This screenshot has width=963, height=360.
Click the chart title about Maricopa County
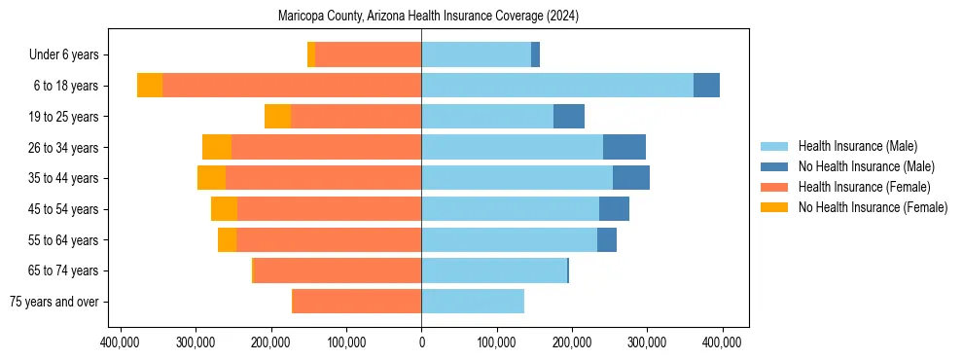point(420,17)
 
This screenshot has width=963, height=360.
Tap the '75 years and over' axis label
point(54,302)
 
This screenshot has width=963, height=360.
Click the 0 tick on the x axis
point(421,342)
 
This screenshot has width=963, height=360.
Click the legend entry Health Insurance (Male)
point(857,146)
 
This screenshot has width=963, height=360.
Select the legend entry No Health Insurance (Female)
point(873,207)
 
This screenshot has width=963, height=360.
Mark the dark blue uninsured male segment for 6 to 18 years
point(706,86)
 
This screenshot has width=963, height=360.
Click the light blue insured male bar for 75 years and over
point(473,302)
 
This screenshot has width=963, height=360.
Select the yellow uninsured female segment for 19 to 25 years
point(277,117)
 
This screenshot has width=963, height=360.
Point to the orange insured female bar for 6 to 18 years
point(292,86)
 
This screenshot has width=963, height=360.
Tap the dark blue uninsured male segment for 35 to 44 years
point(631,178)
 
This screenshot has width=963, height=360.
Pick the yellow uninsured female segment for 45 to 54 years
point(224,209)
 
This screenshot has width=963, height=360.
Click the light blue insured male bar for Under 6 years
point(476,55)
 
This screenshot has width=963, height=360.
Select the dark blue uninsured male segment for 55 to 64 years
point(607,240)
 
